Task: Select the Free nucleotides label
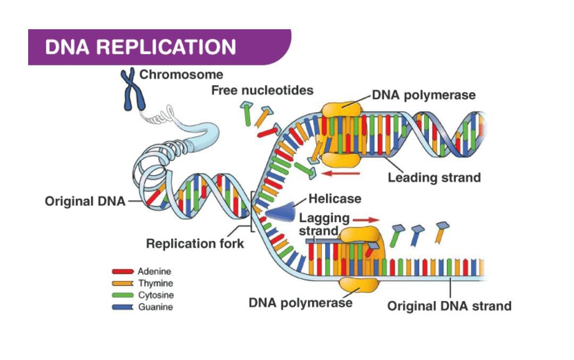(x=262, y=90)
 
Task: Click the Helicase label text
(x=335, y=199)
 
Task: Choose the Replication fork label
(x=195, y=244)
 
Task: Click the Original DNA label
(x=85, y=202)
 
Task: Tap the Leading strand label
(x=434, y=178)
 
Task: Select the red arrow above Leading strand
(x=342, y=173)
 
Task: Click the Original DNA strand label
(x=449, y=306)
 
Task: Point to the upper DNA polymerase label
(x=424, y=96)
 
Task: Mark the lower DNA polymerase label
(x=300, y=303)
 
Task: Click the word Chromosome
(x=181, y=75)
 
